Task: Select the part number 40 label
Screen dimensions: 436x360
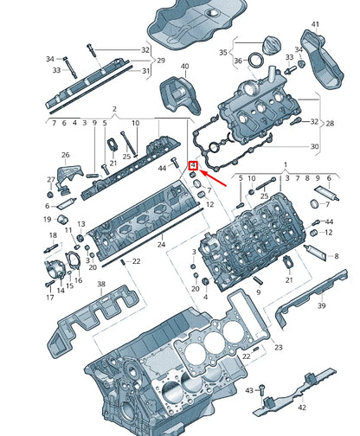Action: (183, 66)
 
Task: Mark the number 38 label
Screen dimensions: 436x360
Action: (101, 285)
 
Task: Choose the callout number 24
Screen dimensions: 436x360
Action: (161, 245)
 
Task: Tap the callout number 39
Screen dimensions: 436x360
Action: (321, 305)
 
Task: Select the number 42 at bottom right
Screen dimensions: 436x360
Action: (302, 406)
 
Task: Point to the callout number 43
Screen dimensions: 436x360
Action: (248, 391)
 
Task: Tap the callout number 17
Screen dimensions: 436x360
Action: (49, 297)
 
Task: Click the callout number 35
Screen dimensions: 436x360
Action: (223, 52)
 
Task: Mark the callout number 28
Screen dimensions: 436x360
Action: (329, 124)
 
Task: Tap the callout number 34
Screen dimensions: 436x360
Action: (49, 59)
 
